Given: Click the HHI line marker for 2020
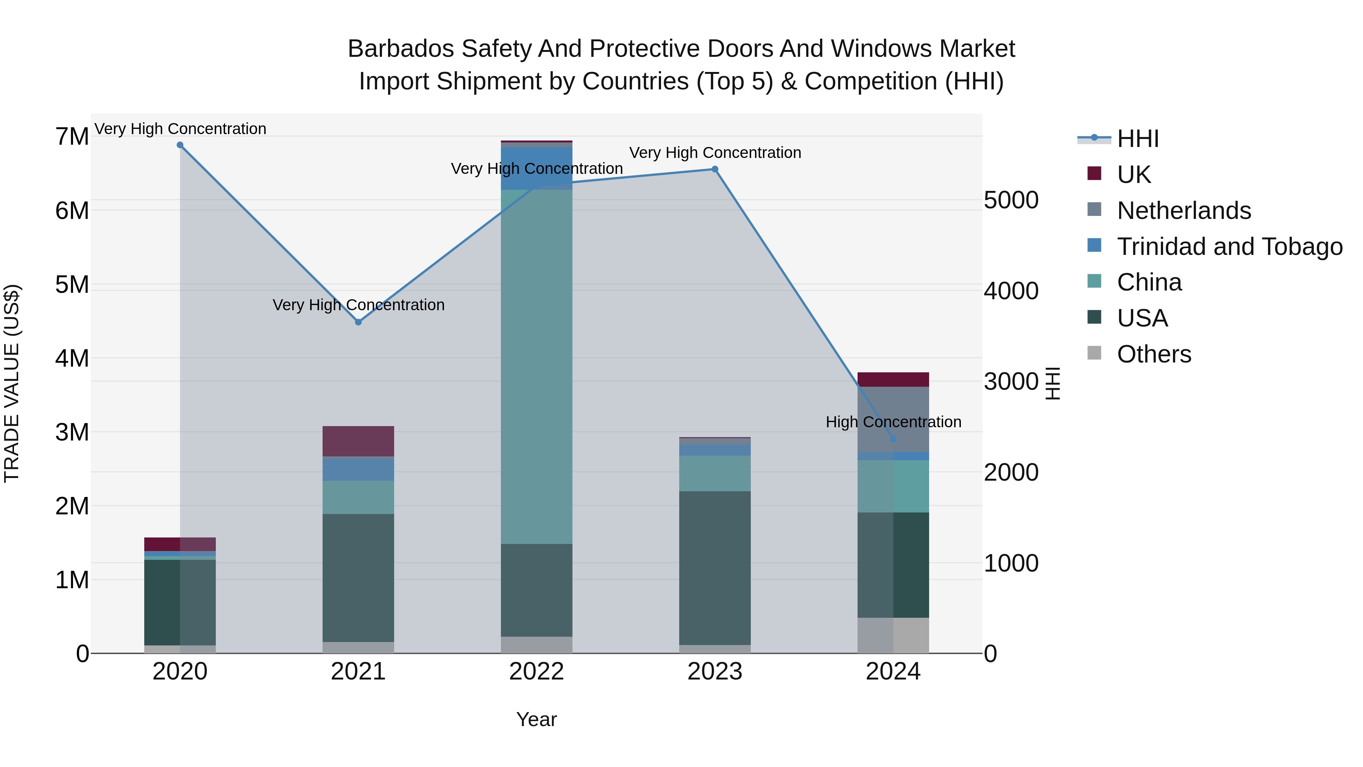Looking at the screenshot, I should point(180,145).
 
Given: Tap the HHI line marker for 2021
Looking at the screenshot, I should point(358,322).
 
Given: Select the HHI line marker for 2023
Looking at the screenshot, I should point(715,169).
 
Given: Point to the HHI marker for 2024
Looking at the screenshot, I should point(893,439).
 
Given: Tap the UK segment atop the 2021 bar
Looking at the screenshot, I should point(358,441).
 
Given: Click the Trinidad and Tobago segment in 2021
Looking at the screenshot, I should point(358,469).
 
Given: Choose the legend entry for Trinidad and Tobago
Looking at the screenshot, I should point(1229,247).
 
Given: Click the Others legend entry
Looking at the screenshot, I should point(1154,354).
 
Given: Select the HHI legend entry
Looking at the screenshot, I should point(1138,139).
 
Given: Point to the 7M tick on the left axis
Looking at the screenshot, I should point(72,137).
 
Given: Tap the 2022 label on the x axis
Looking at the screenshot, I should point(536,672).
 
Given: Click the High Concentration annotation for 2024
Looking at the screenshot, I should point(893,422).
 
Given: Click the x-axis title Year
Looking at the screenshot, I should point(536,719).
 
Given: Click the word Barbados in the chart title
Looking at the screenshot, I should point(401,49).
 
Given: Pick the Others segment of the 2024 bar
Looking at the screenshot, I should point(893,635).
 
